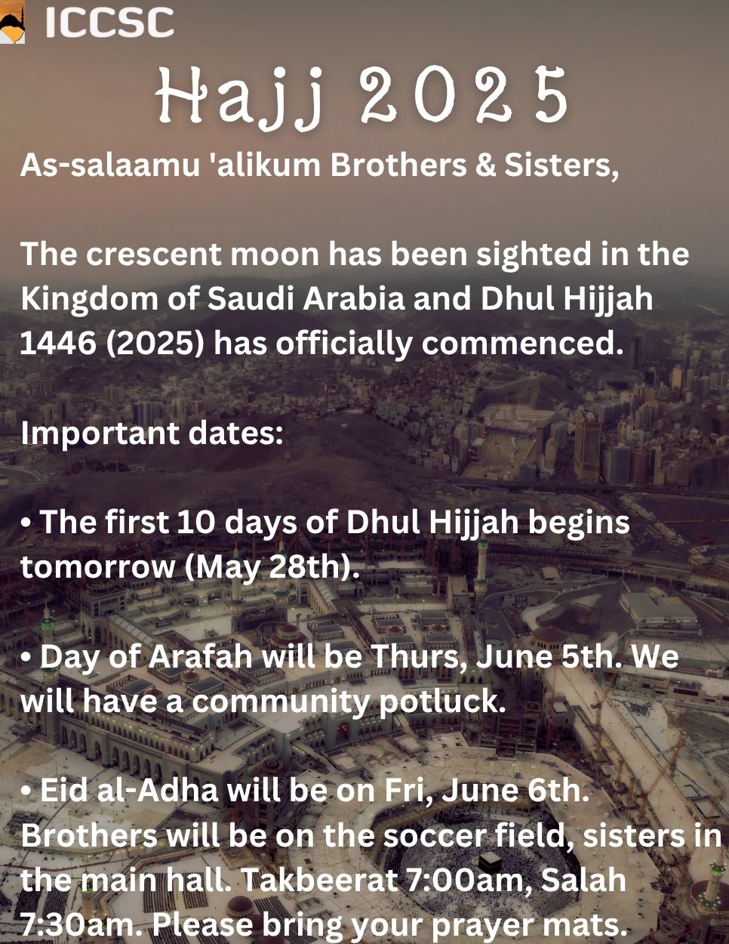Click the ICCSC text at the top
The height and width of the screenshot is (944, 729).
(x=109, y=23)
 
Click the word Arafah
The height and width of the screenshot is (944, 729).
(x=200, y=656)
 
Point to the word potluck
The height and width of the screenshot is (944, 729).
(x=442, y=703)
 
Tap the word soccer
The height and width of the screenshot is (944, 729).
(x=435, y=836)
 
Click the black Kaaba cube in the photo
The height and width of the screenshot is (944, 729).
(x=490, y=861)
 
